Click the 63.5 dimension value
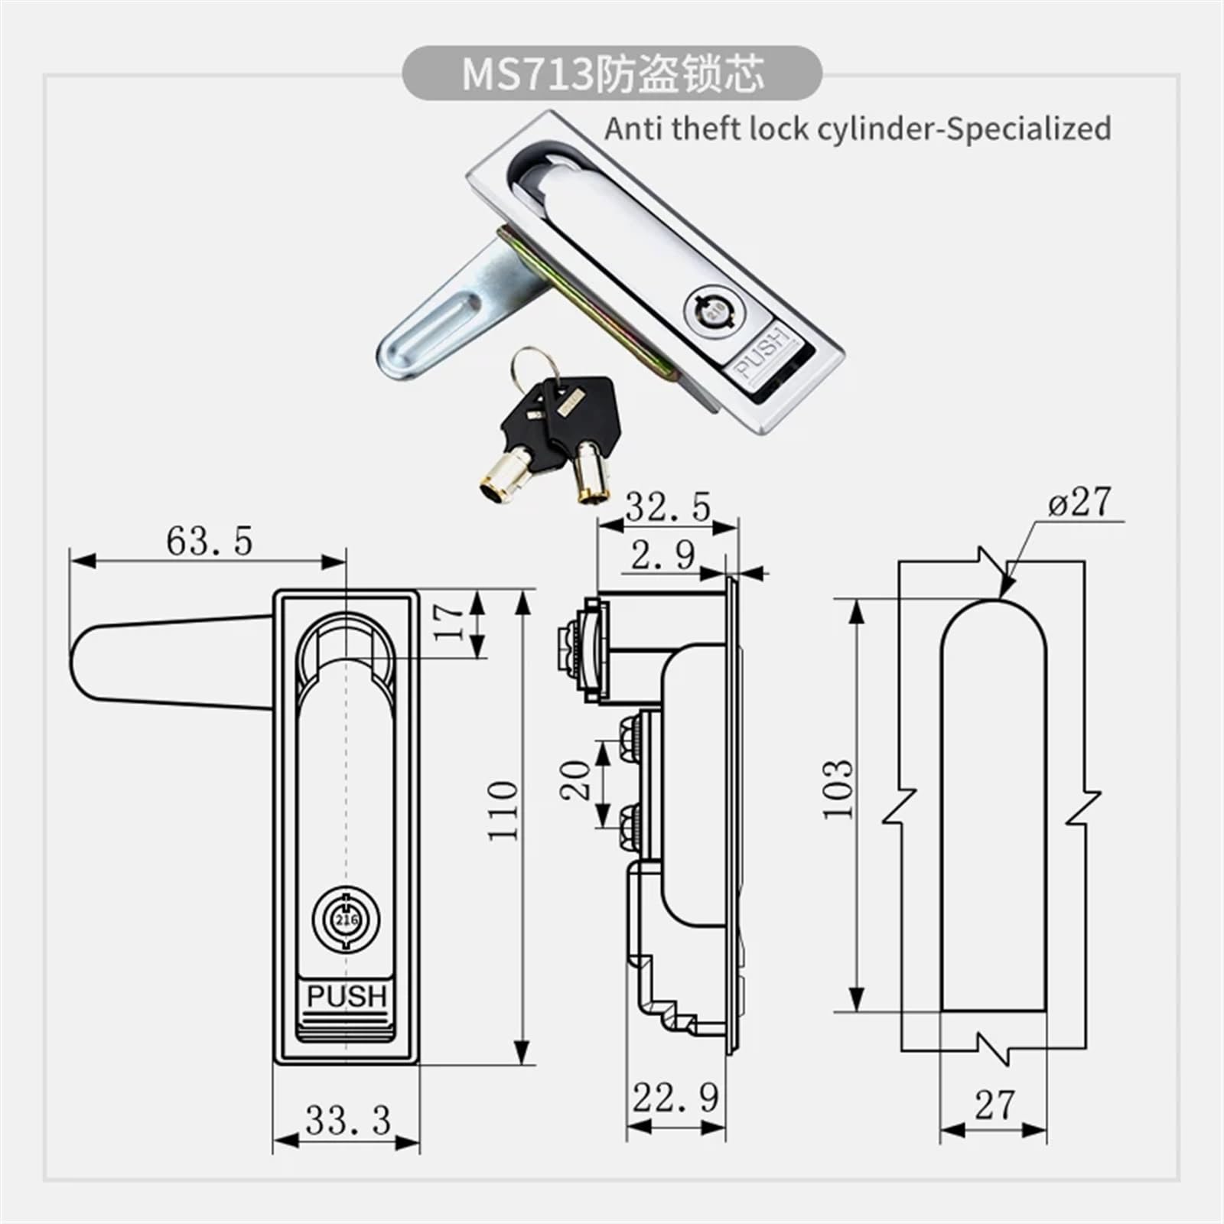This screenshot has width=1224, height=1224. pos(209,542)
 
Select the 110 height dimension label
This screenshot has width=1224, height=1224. pos(503,811)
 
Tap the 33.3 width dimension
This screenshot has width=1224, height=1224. pos(348,1121)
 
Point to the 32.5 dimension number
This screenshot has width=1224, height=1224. pos(668,507)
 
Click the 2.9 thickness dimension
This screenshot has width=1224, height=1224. pos(662,556)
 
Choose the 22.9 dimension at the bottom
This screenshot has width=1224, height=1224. pos(675,1099)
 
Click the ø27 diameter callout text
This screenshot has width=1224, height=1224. pos(1079,503)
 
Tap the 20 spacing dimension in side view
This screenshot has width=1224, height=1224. pos(576,780)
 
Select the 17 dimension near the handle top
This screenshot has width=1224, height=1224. pos(450,621)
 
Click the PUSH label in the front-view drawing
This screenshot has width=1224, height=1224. pos(347,997)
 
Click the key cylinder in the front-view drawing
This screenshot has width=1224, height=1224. pos(346,919)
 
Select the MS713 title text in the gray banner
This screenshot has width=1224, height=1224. pos(528,75)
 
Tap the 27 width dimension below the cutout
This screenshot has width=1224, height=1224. pos(994,1105)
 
